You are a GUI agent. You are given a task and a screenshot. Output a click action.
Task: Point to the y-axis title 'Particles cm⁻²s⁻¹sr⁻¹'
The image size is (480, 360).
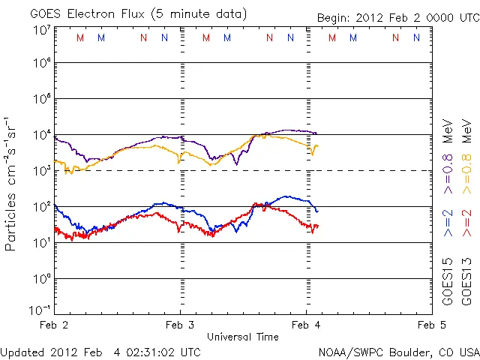(10, 183)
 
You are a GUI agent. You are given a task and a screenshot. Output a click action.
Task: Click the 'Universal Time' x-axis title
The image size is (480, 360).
(243, 337)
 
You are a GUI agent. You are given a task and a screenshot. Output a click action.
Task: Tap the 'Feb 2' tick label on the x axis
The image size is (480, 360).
(54, 325)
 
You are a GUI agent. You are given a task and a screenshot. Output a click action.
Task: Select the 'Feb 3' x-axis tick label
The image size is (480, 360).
(180, 325)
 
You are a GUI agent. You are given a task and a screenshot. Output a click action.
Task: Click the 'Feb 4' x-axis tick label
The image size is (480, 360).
(306, 325)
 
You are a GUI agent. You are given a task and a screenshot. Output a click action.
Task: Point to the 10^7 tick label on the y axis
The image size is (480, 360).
(40, 29)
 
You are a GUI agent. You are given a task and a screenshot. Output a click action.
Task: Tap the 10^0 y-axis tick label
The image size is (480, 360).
(40, 278)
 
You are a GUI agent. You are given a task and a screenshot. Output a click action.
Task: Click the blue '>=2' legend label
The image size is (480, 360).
(448, 223)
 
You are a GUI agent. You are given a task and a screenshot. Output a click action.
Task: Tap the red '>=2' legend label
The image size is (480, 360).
(466, 223)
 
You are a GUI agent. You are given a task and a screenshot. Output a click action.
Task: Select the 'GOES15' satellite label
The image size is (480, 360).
(448, 280)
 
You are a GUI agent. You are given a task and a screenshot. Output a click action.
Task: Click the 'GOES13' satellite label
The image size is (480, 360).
(466, 280)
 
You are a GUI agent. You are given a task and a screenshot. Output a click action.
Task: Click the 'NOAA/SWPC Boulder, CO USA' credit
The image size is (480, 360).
(398, 352)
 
